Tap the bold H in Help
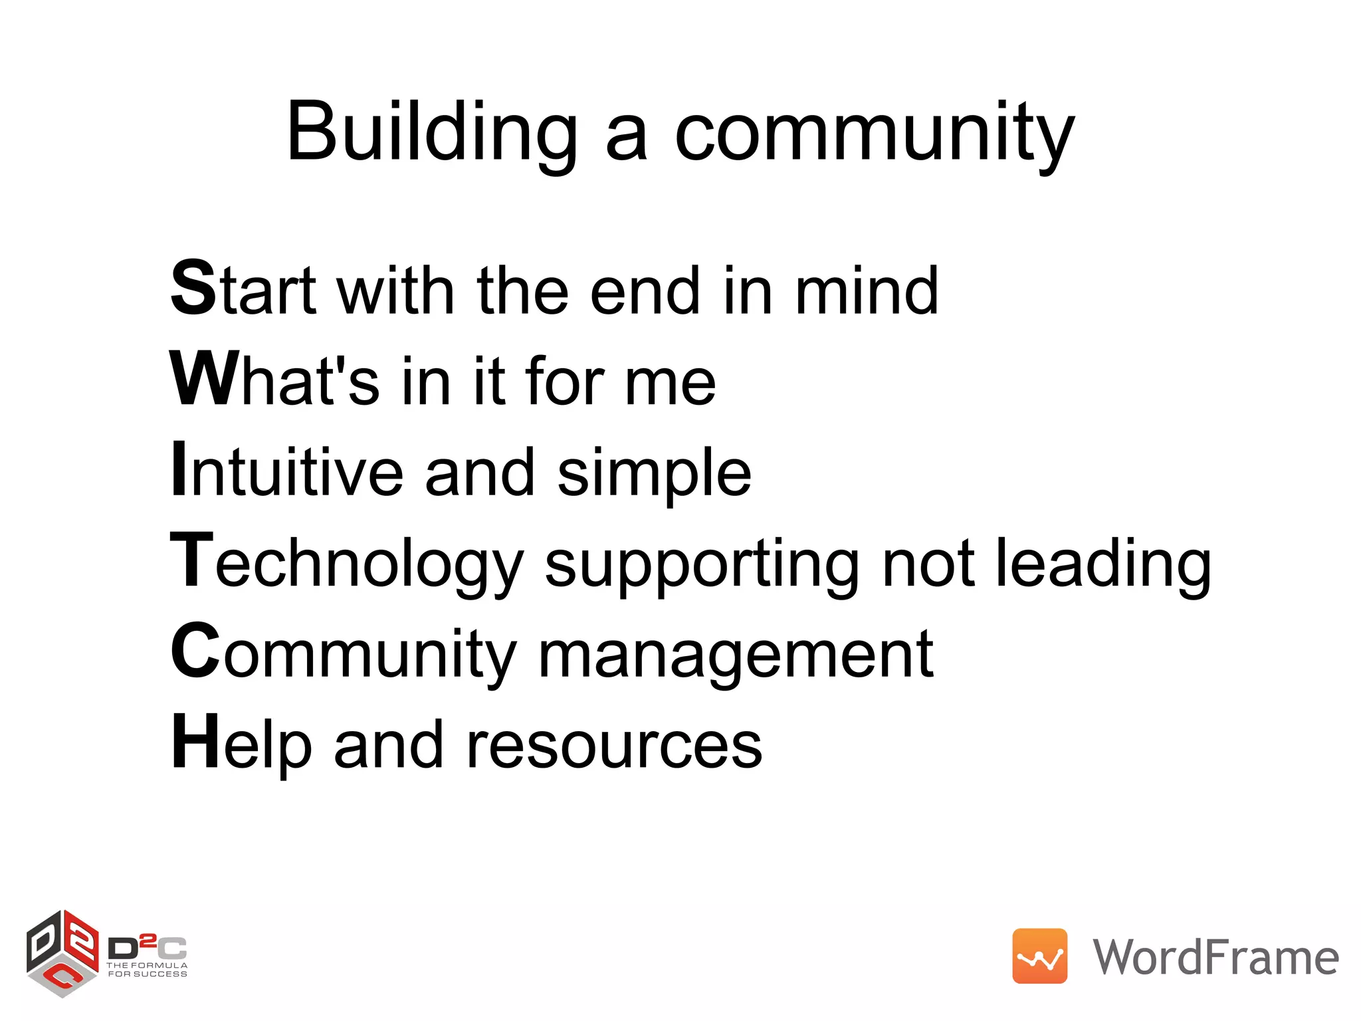tap(195, 742)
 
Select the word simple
tap(654, 473)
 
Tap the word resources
tap(614, 746)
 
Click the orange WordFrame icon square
tap(1039, 956)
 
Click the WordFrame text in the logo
tap(1215, 957)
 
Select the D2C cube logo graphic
tap(62, 953)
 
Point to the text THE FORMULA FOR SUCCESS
tap(148, 969)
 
